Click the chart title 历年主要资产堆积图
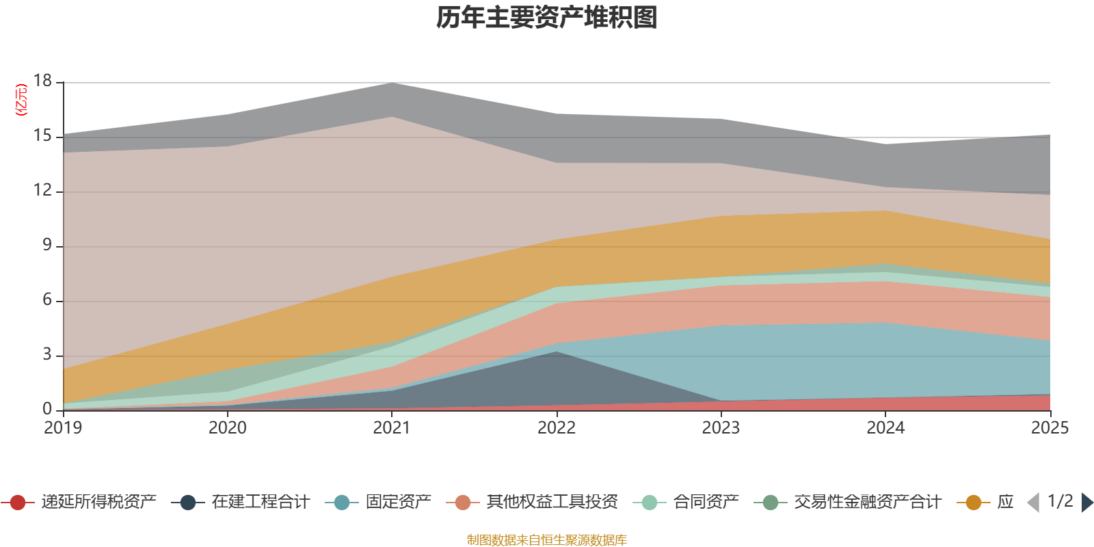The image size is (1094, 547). (x=547, y=18)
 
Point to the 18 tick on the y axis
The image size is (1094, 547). (x=42, y=81)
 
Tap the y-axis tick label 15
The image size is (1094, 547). (x=42, y=136)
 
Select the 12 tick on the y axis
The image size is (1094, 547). (x=42, y=191)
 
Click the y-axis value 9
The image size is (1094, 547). (x=46, y=245)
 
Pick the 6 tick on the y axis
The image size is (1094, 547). (x=46, y=300)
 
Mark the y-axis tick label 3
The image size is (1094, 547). (x=46, y=355)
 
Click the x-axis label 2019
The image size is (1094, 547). (x=63, y=428)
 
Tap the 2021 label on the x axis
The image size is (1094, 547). (x=392, y=428)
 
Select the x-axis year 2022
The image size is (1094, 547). (x=557, y=428)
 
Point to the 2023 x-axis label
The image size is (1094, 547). (x=721, y=428)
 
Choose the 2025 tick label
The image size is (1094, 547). (x=1050, y=428)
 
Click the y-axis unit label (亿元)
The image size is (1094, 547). (x=21, y=100)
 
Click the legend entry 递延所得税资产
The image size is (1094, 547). (x=98, y=503)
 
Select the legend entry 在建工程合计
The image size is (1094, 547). (x=260, y=503)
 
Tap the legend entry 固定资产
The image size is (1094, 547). (x=398, y=503)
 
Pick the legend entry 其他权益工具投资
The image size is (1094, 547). (x=552, y=503)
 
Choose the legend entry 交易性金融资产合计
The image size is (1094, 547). (x=867, y=503)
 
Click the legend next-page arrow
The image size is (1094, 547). (x=1087, y=503)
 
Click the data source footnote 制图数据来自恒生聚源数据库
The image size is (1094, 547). (x=547, y=540)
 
